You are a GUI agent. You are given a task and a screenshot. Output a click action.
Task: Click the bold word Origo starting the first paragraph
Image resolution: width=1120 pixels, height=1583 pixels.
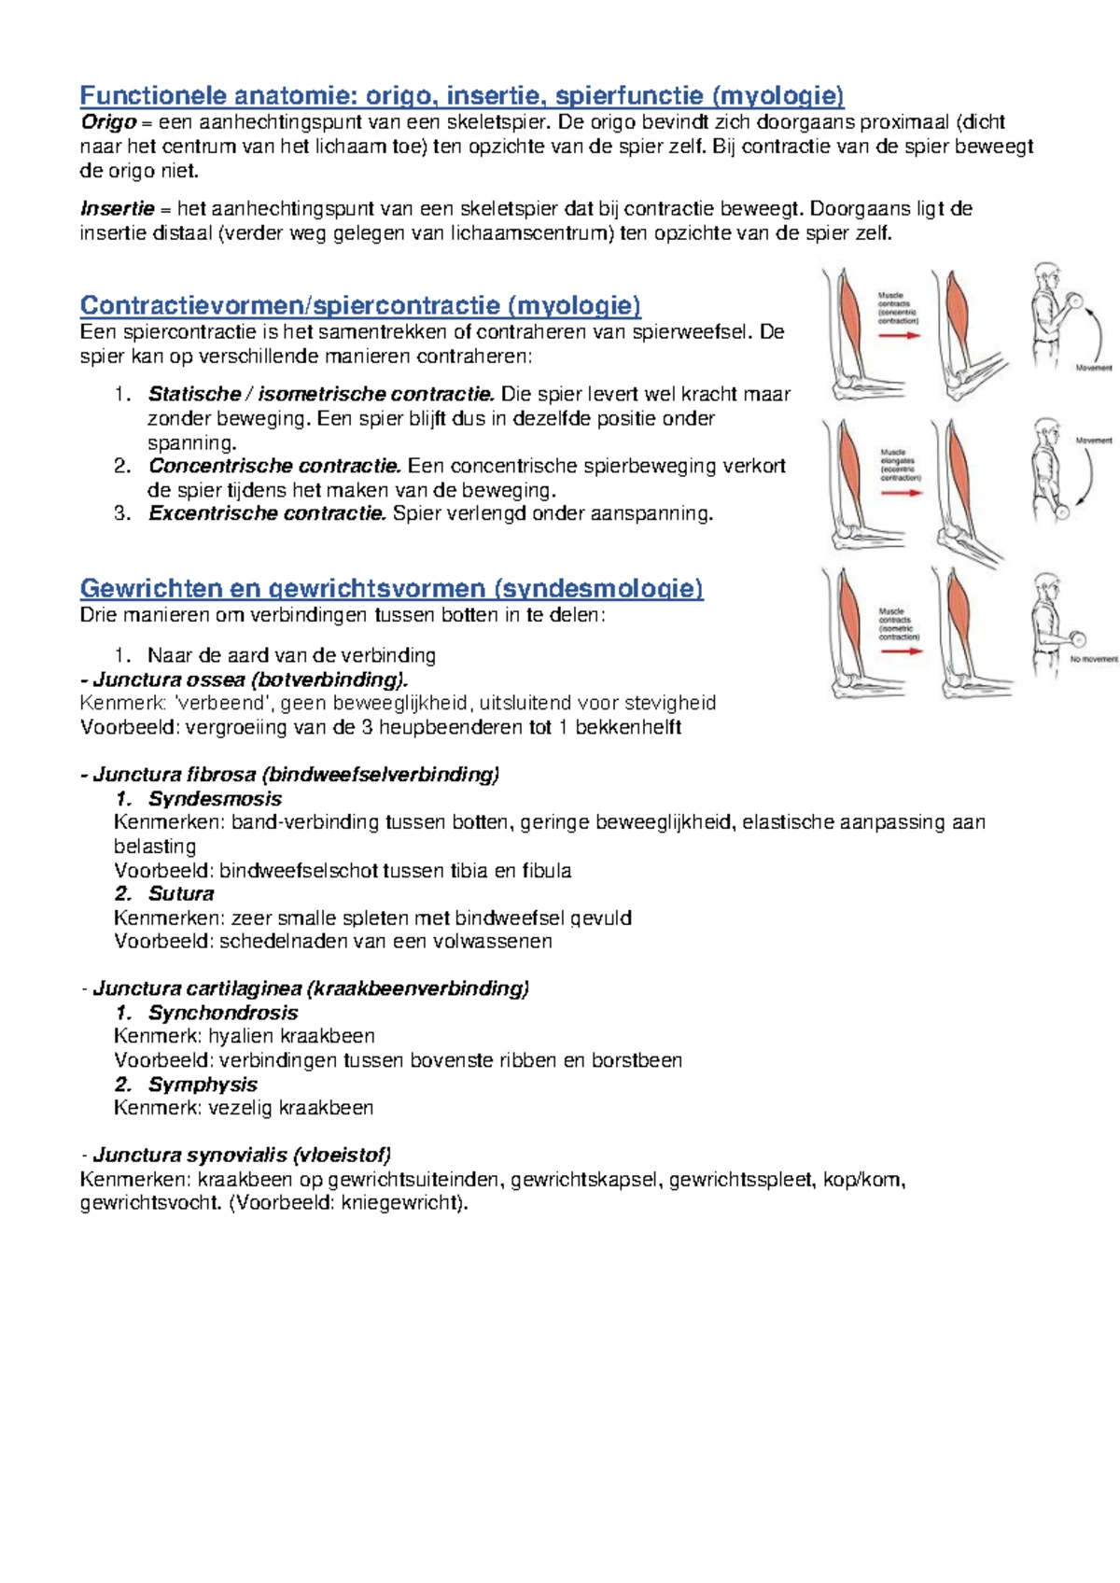click(108, 122)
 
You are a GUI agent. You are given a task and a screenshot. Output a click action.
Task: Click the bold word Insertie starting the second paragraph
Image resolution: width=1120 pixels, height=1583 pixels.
click(117, 209)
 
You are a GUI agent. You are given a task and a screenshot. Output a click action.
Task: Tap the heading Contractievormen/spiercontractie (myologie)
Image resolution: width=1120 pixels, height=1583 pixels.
click(360, 305)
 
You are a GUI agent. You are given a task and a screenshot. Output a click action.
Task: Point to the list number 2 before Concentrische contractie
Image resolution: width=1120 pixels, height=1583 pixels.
click(122, 466)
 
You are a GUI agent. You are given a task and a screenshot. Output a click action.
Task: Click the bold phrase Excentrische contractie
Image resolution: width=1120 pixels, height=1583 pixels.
click(267, 513)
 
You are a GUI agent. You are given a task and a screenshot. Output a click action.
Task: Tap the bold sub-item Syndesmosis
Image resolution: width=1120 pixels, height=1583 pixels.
click(215, 799)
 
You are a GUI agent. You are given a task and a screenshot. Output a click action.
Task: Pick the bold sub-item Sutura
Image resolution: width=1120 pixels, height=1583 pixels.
click(181, 894)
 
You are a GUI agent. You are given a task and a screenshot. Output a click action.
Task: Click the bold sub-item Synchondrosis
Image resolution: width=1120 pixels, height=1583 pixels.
click(223, 1013)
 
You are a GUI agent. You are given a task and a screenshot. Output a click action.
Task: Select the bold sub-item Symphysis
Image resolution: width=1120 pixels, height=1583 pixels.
click(203, 1085)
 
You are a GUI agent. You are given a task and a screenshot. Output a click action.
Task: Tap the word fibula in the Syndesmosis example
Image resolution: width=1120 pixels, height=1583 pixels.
click(546, 871)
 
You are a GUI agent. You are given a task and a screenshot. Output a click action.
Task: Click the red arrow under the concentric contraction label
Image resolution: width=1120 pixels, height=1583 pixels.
click(899, 335)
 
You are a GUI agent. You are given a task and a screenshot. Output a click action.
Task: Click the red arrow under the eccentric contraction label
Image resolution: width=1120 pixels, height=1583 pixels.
click(900, 493)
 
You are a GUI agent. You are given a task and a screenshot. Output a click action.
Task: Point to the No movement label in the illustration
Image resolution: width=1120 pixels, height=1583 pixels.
click(1093, 659)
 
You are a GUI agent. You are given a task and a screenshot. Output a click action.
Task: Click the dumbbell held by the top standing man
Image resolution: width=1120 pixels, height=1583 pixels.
click(1073, 301)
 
